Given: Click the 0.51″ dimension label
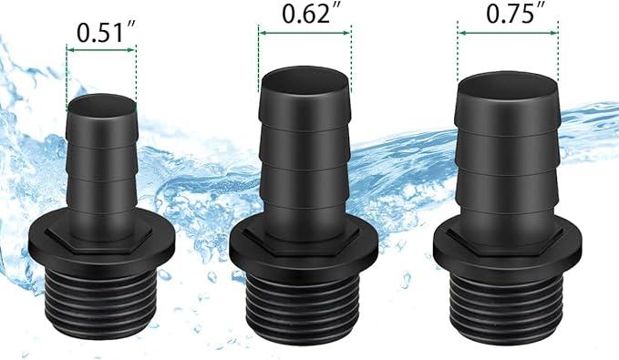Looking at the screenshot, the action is [106, 33].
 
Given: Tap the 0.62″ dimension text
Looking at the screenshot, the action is [312, 14].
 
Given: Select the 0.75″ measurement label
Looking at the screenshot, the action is [516, 15].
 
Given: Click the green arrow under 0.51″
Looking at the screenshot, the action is [101, 50].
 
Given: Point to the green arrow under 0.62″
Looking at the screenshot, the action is [304, 33].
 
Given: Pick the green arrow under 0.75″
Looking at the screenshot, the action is [508, 33].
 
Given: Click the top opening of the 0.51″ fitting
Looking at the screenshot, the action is [102, 106].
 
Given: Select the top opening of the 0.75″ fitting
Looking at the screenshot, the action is [508, 86].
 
